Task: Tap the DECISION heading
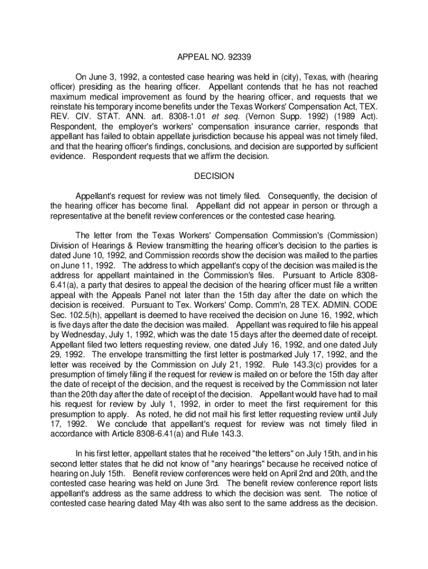[214, 176]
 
